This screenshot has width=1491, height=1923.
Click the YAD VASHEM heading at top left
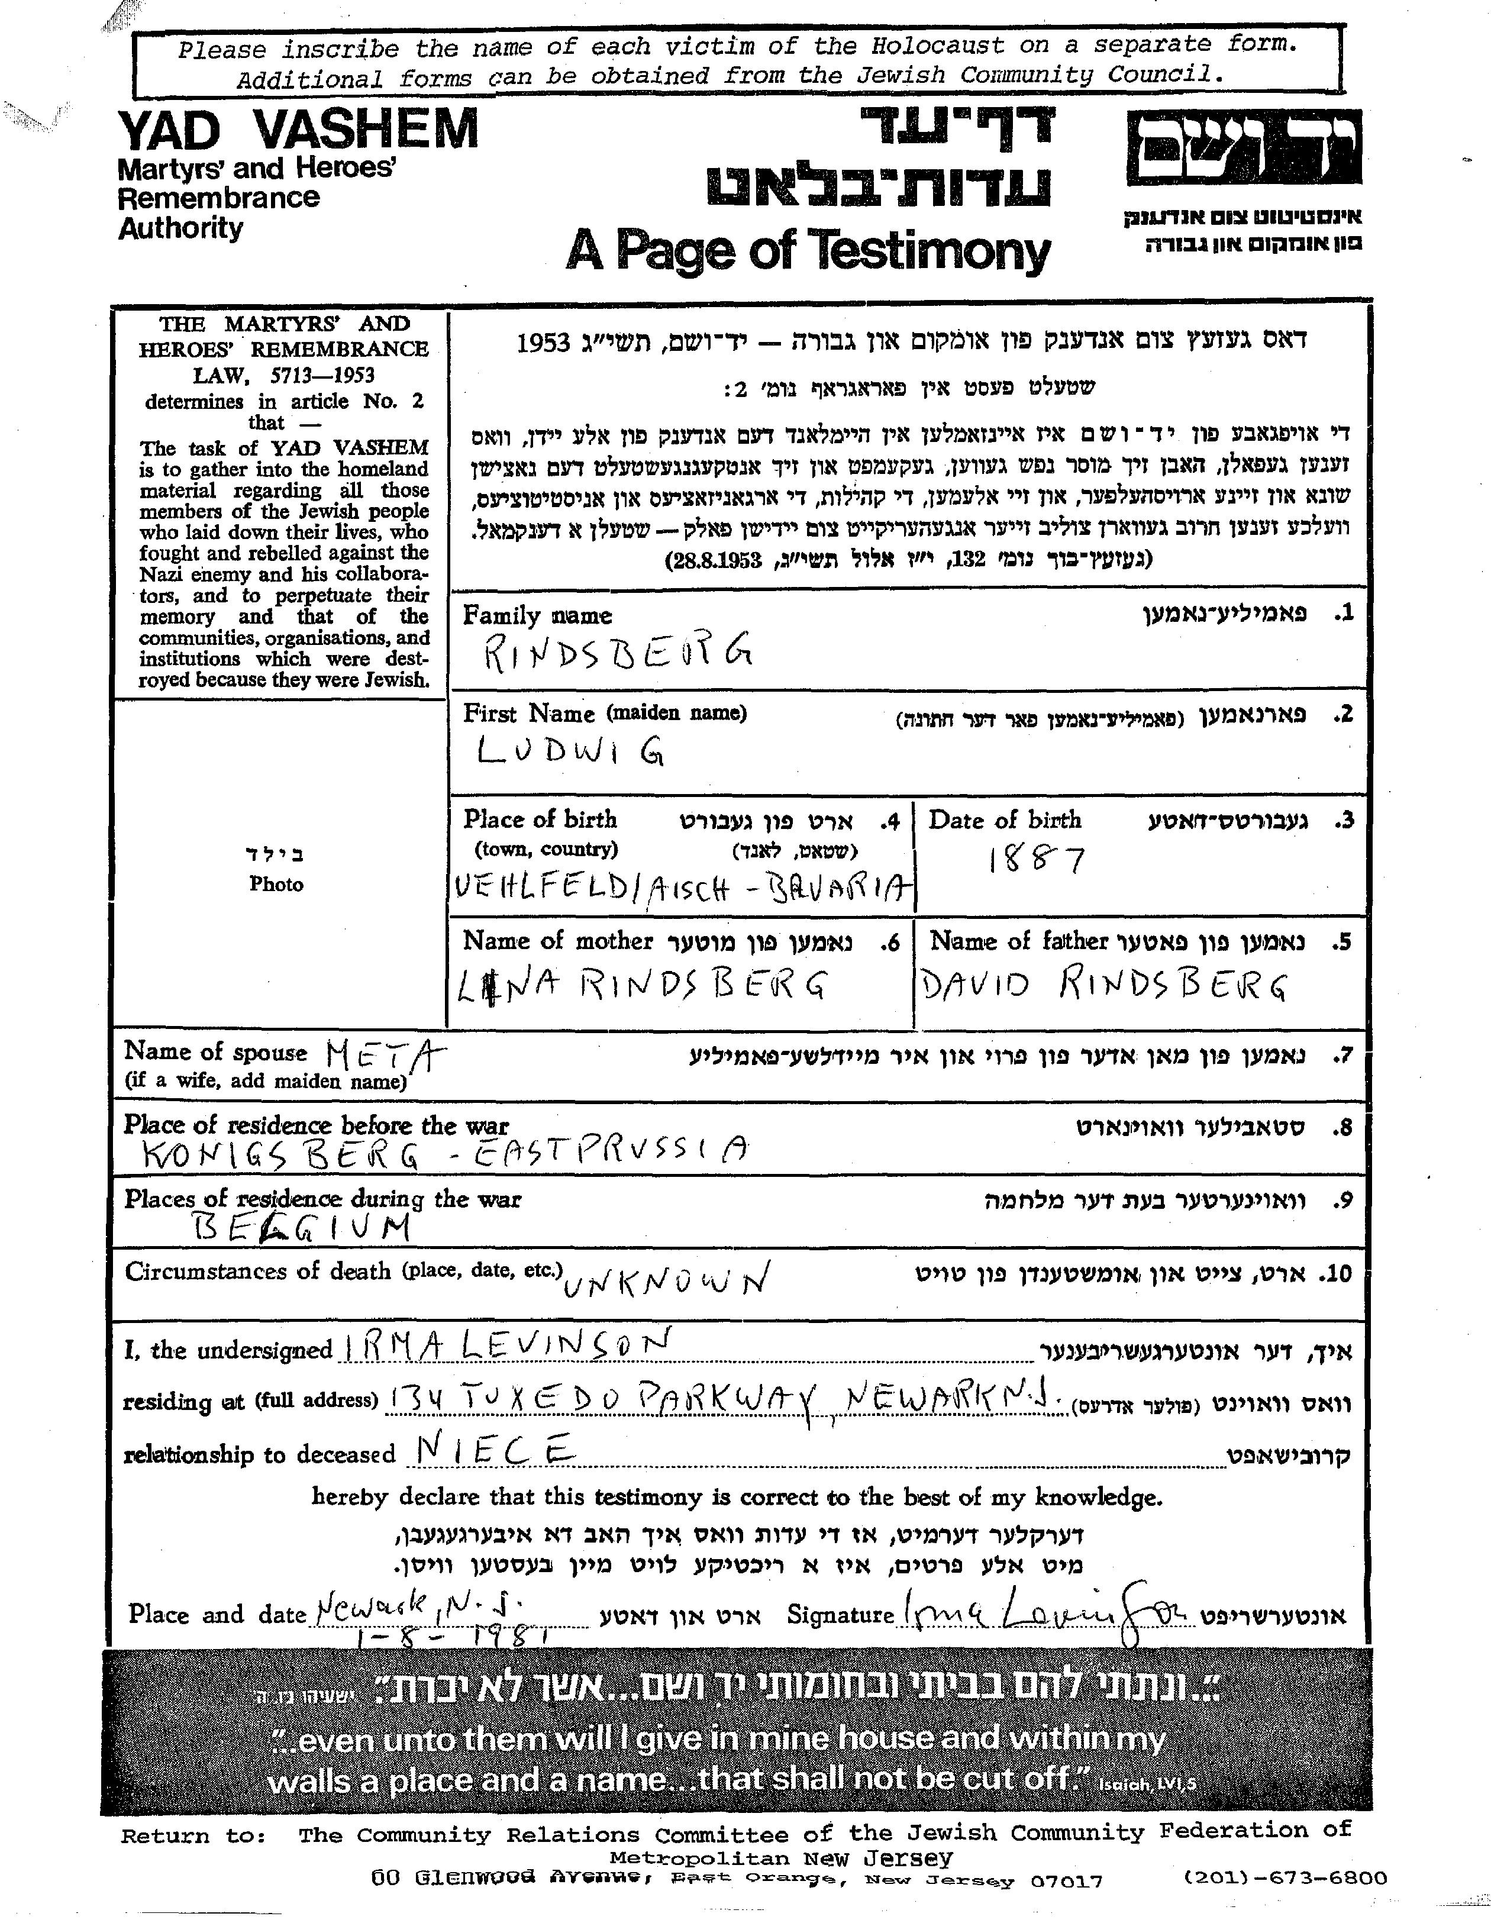point(298,130)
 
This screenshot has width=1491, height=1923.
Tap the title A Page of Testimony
point(808,251)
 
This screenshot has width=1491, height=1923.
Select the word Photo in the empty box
point(276,884)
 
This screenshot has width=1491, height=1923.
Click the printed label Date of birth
point(1004,819)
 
